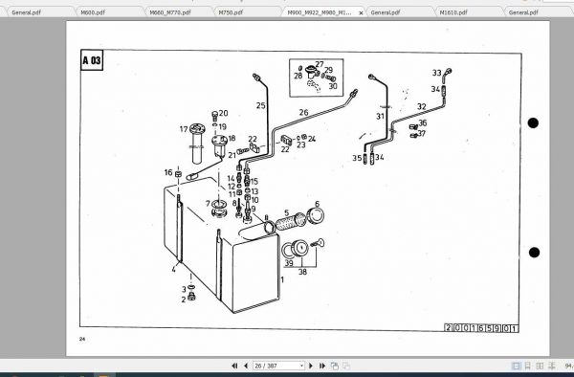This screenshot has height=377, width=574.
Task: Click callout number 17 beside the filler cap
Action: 183,128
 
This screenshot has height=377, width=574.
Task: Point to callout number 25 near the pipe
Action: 260,105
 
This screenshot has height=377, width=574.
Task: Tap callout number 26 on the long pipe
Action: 303,113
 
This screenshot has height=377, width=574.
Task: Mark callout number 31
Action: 380,117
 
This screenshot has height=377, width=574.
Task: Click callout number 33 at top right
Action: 436,73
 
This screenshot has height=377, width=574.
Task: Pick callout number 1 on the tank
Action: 282,279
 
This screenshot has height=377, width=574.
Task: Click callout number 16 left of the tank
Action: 167,172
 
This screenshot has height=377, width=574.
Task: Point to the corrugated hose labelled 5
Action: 287,228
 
